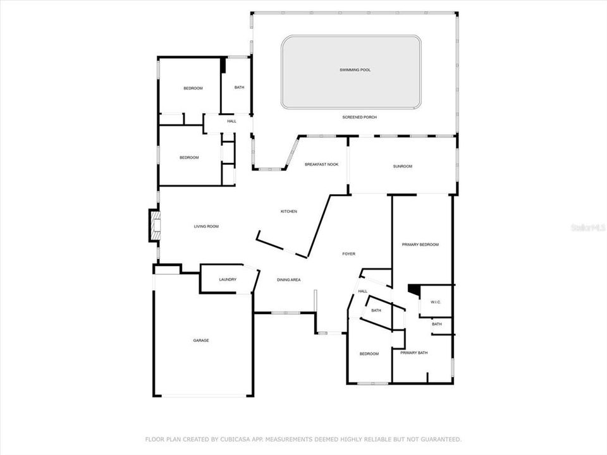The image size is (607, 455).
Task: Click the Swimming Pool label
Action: [x=355, y=70]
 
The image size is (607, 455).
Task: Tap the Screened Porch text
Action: [x=359, y=118]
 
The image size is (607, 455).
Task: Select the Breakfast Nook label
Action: [x=321, y=164]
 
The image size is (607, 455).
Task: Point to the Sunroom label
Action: [x=403, y=166]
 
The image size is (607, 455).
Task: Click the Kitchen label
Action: [x=289, y=211]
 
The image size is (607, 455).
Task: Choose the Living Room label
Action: [x=206, y=226]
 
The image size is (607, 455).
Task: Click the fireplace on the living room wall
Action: [x=154, y=226]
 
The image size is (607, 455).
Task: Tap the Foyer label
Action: [x=348, y=254]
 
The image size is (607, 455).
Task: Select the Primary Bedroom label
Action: [x=420, y=245]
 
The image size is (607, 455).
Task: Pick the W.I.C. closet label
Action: [x=436, y=302]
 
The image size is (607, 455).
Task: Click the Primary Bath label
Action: [x=414, y=353]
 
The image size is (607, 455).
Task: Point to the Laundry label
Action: [x=228, y=280]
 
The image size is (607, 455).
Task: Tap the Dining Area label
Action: [x=288, y=280]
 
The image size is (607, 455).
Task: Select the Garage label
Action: [x=201, y=341]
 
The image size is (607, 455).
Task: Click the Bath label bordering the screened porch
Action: [x=239, y=87]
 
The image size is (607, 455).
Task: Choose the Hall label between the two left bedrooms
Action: [x=231, y=121]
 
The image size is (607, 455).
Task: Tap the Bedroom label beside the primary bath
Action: [x=369, y=354]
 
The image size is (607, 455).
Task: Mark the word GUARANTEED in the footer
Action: [x=439, y=439]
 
